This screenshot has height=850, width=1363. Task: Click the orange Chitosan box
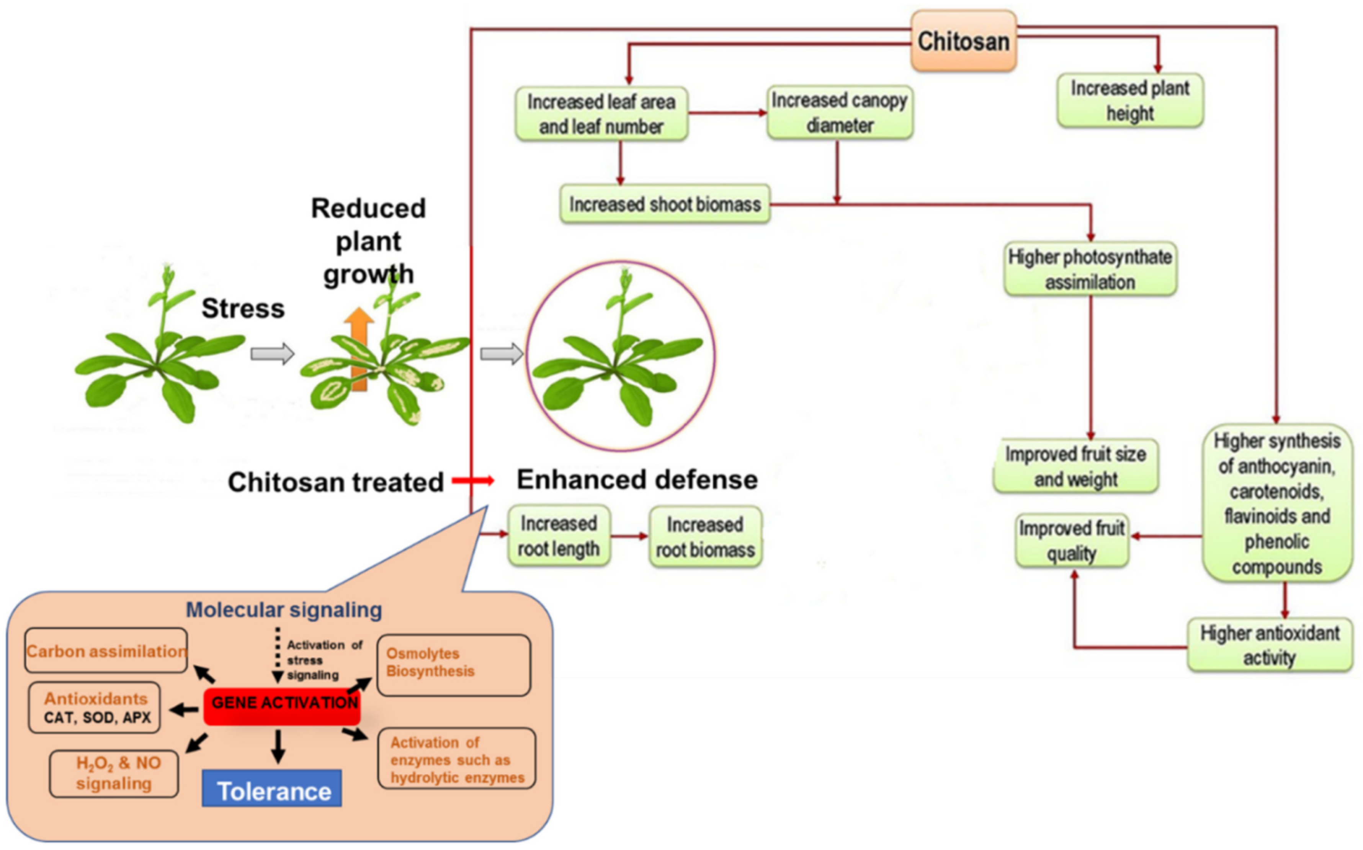(x=963, y=41)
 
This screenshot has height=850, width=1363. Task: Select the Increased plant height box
(x=1130, y=101)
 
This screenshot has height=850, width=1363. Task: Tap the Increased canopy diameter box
(x=840, y=113)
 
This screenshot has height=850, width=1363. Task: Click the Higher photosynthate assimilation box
(x=1090, y=269)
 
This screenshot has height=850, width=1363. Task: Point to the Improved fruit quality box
(x=1072, y=540)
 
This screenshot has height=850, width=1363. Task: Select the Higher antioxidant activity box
(x=1270, y=645)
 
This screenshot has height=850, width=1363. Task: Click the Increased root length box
(x=559, y=536)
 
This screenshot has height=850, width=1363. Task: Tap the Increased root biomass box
(x=705, y=537)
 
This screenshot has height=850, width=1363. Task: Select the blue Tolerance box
(x=272, y=789)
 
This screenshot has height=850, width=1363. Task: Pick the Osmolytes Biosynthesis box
(x=453, y=664)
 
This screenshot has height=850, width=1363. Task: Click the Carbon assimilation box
(x=106, y=651)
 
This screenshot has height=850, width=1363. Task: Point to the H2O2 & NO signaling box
(x=114, y=773)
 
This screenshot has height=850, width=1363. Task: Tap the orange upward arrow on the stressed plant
(x=359, y=348)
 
